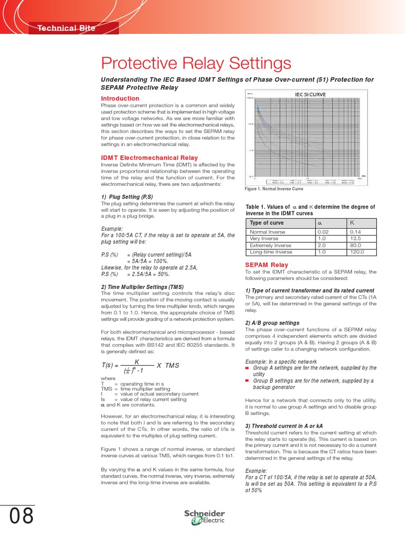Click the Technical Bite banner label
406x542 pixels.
coord(66,28)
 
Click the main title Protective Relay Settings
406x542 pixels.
coord(196,64)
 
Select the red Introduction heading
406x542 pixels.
coord(120,98)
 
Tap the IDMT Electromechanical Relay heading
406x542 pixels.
coord(149,158)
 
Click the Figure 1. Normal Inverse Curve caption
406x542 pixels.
coord(274,189)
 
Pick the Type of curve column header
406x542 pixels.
coord(267,223)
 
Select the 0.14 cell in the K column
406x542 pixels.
coord(356,232)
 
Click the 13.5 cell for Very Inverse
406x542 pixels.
coord(355,239)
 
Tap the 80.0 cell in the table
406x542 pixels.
coord(355,246)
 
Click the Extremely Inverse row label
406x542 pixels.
coord(271,246)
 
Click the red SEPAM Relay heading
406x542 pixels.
coord(266,265)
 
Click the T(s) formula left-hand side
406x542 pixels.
coord(109,365)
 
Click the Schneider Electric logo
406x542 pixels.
coord(204,517)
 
